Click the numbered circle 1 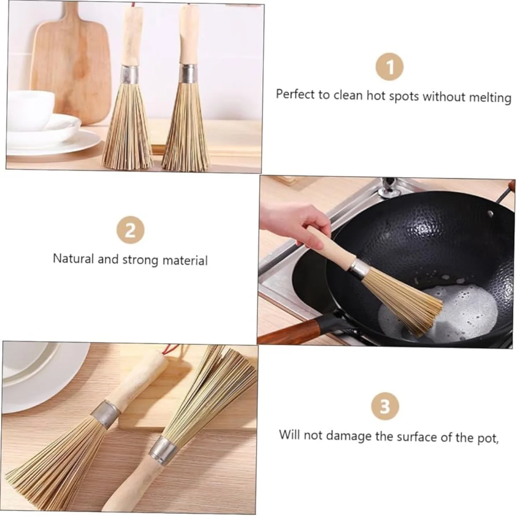pos(390,67)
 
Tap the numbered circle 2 pos(130,230)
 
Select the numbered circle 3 pos(385,407)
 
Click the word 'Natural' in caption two pos(73,258)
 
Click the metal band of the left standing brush pos(129,73)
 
